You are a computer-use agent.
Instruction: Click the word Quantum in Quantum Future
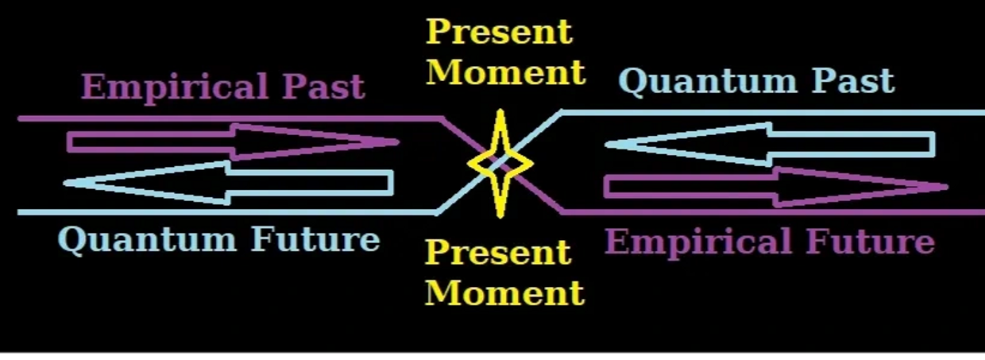coord(149,239)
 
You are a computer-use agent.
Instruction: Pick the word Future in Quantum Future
coord(315,239)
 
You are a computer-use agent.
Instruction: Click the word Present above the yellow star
coord(499,32)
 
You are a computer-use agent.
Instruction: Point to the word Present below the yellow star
coord(498,253)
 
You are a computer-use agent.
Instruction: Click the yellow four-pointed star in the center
coord(500,164)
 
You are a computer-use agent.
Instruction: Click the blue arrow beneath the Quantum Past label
coord(771,144)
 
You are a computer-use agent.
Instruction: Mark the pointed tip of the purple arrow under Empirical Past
coord(396,142)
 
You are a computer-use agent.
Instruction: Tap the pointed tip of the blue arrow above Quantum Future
coord(67,183)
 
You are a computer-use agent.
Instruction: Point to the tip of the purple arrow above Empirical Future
coord(945,188)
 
